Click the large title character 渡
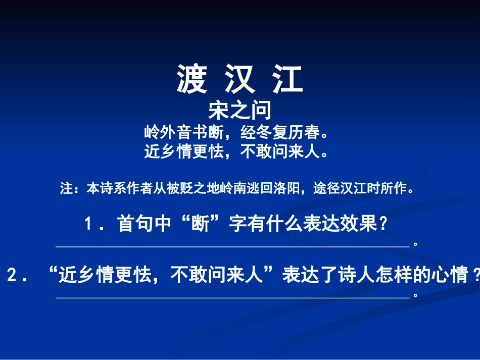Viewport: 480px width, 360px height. point(192,80)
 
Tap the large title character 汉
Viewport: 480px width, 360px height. point(240,80)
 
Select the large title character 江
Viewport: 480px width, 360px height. point(288,80)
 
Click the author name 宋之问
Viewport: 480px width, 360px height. point(239,111)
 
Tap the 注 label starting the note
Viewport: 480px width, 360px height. point(66,190)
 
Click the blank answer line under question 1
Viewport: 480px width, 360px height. point(232,246)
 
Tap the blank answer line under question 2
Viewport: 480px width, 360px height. point(232,298)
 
